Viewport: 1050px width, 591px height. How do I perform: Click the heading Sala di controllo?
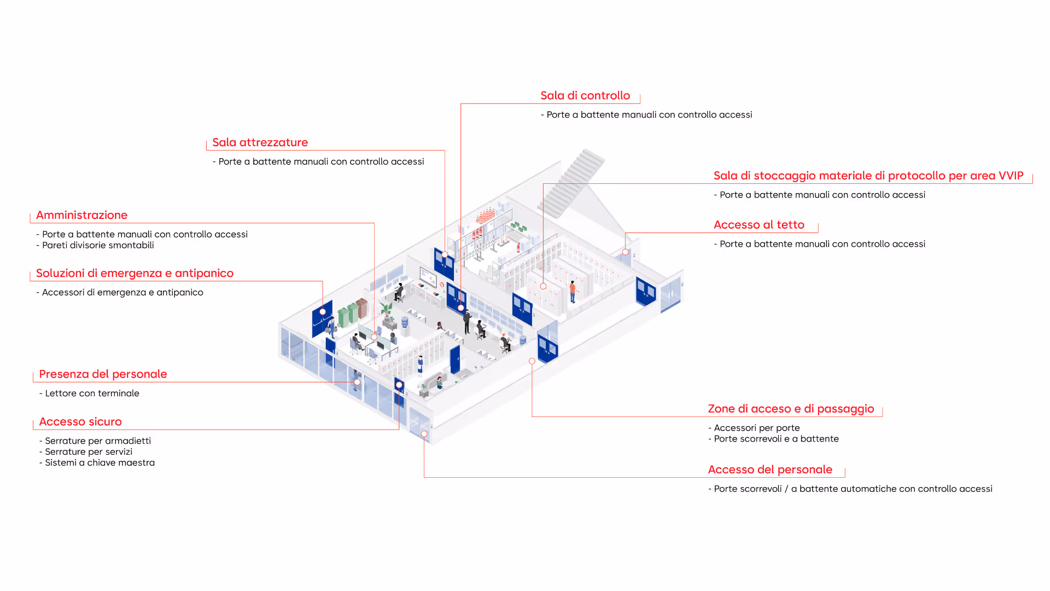585,96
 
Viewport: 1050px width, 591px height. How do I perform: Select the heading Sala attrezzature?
260,143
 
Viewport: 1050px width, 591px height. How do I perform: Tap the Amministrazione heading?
81,216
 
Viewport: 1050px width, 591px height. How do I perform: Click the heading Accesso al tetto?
759,225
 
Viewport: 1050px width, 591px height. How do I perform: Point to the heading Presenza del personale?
103,374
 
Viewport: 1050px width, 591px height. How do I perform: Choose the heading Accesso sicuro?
80,422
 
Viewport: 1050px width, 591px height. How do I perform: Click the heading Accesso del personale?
769,470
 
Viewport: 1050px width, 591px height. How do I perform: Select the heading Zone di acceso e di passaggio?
790,409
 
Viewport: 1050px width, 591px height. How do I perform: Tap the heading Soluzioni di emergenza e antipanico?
135,274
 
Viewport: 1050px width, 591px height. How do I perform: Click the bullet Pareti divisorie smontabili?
97,245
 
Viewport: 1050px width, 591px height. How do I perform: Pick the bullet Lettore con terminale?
92,393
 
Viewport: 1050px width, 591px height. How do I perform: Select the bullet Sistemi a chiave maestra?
100,463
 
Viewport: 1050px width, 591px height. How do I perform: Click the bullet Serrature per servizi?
89,452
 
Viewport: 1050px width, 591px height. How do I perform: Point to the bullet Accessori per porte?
756,428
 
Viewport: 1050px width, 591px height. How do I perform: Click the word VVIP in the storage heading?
1011,176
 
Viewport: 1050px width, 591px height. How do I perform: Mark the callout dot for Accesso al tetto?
625,252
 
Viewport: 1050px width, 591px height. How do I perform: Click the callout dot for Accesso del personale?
424,434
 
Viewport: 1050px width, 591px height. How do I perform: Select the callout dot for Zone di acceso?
532,361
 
